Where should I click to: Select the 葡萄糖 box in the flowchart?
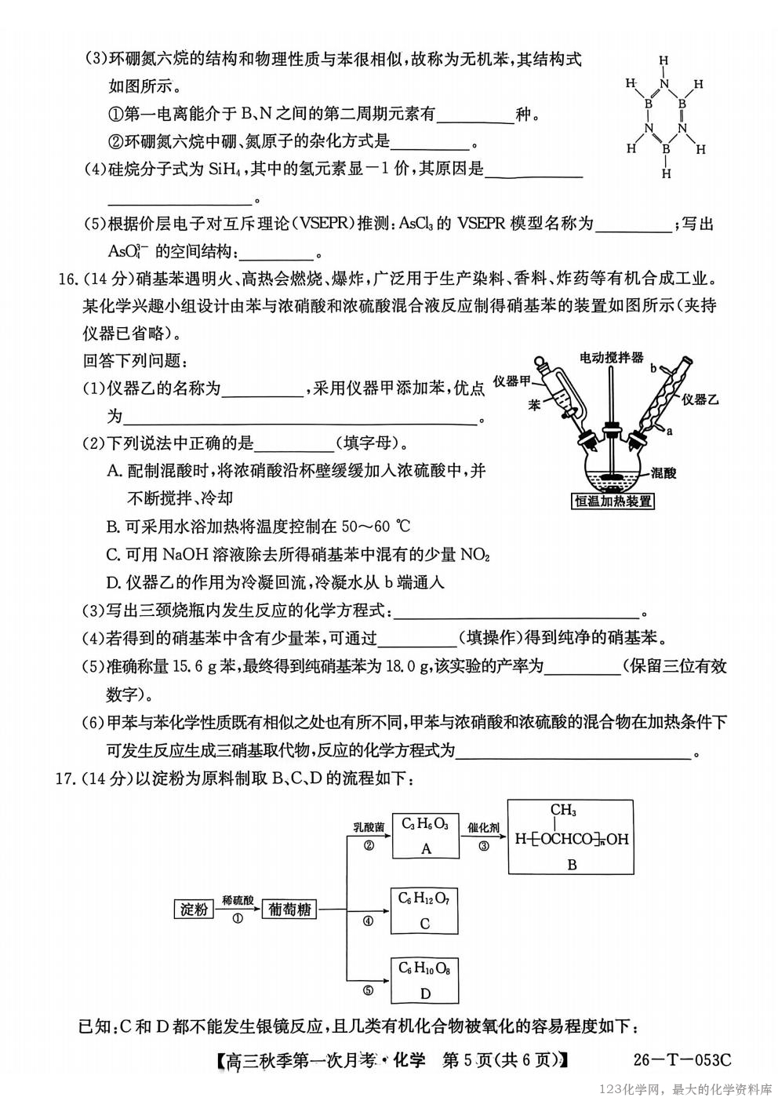click(x=289, y=910)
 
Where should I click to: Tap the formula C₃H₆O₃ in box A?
click(x=424, y=823)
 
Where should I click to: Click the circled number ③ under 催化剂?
click(x=483, y=845)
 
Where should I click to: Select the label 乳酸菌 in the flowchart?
click(x=368, y=828)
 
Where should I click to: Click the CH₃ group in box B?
click(x=563, y=810)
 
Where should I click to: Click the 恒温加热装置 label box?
click(x=613, y=500)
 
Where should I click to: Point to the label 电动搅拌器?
click(x=611, y=357)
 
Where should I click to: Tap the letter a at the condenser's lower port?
click(x=668, y=430)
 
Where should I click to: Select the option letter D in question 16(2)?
click(x=113, y=582)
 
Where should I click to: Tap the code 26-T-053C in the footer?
click(x=682, y=1060)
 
